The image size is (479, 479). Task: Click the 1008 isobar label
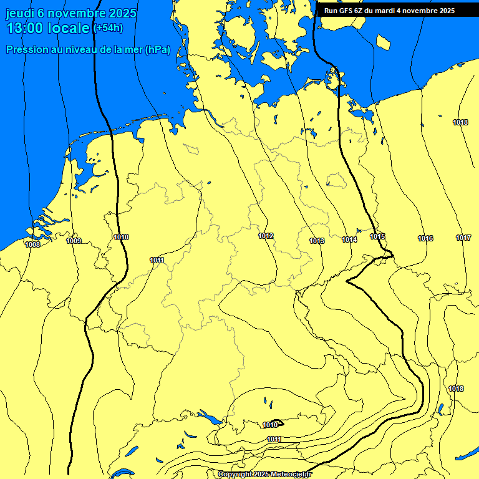pyautogui.click(x=32, y=244)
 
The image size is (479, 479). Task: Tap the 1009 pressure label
pyautogui.click(x=74, y=241)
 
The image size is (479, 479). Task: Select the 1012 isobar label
pyautogui.click(x=266, y=236)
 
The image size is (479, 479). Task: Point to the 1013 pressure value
pyautogui.click(x=317, y=241)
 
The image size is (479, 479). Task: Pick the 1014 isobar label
pyautogui.click(x=349, y=239)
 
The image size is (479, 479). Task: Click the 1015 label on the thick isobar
pyautogui.click(x=377, y=236)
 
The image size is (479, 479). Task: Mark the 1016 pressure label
pyautogui.click(x=425, y=238)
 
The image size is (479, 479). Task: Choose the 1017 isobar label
pyautogui.click(x=463, y=238)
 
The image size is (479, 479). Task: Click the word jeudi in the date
pyautogui.click(x=20, y=13)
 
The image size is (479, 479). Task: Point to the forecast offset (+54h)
pyautogui.click(x=107, y=28)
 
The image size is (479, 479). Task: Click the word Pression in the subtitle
pyautogui.click(x=27, y=50)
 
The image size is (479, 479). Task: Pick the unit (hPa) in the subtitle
pyautogui.click(x=157, y=50)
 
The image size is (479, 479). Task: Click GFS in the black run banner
pyautogui.click(x=347, y=11)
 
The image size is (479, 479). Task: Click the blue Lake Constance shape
pyautogui.click(x=210, y=418)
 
